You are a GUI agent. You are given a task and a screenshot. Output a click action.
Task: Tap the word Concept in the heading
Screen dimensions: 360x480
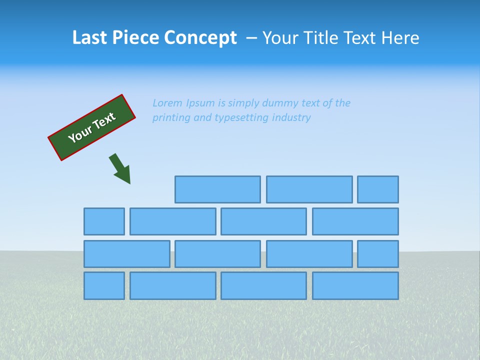(201, 38)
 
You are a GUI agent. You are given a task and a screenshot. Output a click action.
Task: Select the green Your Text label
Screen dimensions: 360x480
(92, 127)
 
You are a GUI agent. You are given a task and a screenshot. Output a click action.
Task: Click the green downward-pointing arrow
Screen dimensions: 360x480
(120, 168)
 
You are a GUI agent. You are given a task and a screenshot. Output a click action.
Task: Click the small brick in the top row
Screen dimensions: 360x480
(378, 189)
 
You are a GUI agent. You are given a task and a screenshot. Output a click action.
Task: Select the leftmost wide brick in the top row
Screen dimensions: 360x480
(217, 189)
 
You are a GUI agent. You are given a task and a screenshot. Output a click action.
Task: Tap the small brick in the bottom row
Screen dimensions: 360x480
(104, 285)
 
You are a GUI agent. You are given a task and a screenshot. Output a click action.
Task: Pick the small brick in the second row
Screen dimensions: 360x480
(104, 221)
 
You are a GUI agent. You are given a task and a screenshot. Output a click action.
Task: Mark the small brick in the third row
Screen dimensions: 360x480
(378, 253)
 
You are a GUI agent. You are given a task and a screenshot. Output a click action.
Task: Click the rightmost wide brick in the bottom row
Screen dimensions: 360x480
(355, 285)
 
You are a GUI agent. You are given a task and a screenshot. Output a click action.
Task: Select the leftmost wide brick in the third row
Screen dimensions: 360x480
(126, 253)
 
